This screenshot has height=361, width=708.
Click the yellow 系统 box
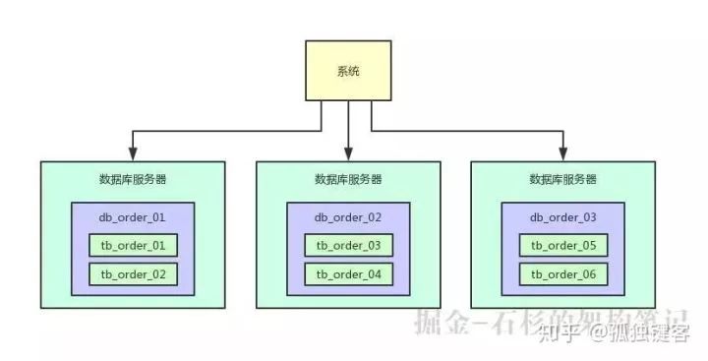(x=348, y=70)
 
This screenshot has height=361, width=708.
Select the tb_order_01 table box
(x=133, y=245)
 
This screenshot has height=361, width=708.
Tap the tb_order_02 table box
(x=133, y=273)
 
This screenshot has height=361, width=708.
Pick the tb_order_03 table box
(x=348, y=245)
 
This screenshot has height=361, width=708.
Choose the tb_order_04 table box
(x=348, y=273)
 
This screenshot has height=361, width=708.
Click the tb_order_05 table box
(x=563, y=245)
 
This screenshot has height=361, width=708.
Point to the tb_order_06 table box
(x=563, y=273)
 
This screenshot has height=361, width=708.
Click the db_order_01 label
(x=133, y=216)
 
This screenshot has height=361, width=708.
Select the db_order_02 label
(x=348, y=216)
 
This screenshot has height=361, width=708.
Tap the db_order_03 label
(x=563, y=216)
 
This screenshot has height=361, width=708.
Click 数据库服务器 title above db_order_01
(x=133, y=180)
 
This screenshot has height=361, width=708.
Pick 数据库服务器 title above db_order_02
(x=348, y=180)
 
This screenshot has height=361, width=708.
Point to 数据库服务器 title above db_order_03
(x=563, y=180)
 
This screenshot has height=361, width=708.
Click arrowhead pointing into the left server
(x=133, y=154)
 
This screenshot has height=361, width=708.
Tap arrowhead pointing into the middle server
(x=348, y=154)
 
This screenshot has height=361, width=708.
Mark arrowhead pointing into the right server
(x=563, y=154)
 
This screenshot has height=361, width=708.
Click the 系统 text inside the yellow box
(x=348, y=71)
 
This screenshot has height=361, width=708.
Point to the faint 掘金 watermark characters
(x=438, y=321)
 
